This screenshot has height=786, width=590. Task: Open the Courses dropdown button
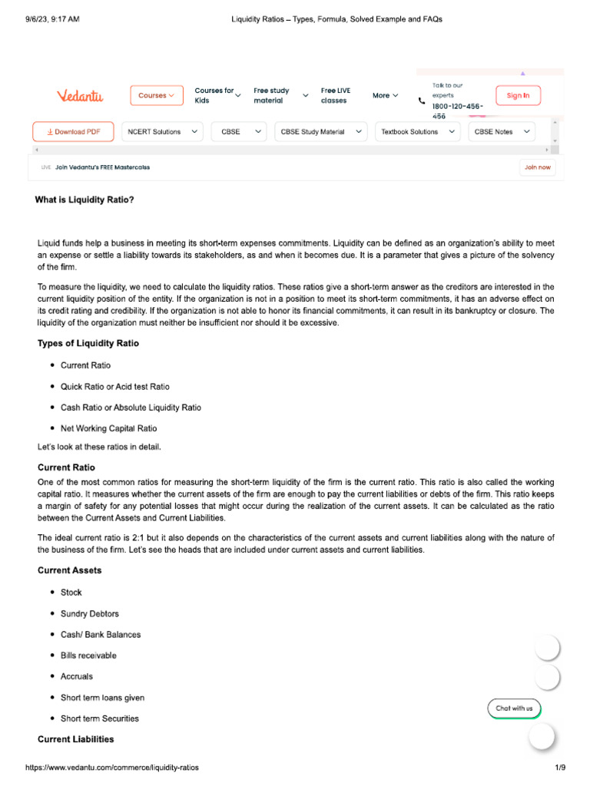point(157,95)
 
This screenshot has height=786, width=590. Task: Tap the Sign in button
point(518,96)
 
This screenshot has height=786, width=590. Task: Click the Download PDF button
point(73,132)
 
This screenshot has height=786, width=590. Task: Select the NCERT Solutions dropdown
point(162,132)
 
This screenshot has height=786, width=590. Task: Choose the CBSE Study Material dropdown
point(322,132)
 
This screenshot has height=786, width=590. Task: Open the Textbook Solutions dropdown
point(418,132)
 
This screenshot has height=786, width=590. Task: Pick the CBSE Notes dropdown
point(502,132)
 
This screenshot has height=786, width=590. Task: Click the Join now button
point(537,167)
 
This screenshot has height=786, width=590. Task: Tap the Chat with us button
point(514,708)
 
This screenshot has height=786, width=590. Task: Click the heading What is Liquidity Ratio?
point(85,200)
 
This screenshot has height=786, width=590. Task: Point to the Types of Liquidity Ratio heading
point(88,343)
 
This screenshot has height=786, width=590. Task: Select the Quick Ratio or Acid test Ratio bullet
point(114,387)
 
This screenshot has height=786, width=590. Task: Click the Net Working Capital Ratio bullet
point(108,428)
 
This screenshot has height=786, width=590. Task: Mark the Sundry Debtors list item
point(89,614)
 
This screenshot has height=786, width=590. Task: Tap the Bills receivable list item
point(88,656)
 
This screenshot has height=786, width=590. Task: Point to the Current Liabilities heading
point(76,739)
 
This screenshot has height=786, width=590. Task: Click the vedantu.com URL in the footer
point(112,768)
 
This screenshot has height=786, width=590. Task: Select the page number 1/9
point(560,768)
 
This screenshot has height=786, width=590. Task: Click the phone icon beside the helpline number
point(421,101)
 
